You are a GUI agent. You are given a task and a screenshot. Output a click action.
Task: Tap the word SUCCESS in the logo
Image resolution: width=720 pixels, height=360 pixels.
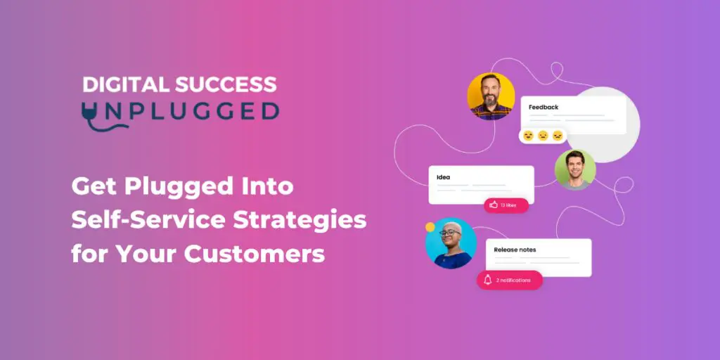[226, 84]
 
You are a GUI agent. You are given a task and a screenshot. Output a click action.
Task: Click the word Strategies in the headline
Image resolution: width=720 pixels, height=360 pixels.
[300, 221]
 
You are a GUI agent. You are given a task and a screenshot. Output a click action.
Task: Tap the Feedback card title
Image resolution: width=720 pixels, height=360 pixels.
[544, 108]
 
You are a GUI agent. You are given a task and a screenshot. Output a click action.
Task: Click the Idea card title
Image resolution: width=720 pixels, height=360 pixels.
[444, 177]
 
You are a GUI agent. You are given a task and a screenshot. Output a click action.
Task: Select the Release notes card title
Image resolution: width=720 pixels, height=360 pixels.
[515, 250]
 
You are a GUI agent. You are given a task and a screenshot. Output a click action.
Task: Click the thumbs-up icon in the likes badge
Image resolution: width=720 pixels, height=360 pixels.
[494, 205]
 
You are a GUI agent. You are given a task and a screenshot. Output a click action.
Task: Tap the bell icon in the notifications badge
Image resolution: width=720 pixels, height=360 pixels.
[488, 280]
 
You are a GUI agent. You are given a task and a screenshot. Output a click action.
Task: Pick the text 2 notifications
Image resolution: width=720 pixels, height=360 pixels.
[513, 280]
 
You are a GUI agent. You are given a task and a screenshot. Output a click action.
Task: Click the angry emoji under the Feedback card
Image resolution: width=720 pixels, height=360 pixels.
[558, 136]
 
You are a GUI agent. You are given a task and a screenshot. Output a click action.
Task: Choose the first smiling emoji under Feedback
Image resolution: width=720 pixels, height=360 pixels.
[529, 136]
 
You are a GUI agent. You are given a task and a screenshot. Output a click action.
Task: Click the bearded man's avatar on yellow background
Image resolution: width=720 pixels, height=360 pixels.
[491, 96]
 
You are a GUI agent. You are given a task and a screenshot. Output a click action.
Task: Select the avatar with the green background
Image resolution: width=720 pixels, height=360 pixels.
[575, 169]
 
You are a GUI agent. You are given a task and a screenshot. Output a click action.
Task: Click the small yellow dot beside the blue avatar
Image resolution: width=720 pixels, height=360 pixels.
[430, 227]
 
